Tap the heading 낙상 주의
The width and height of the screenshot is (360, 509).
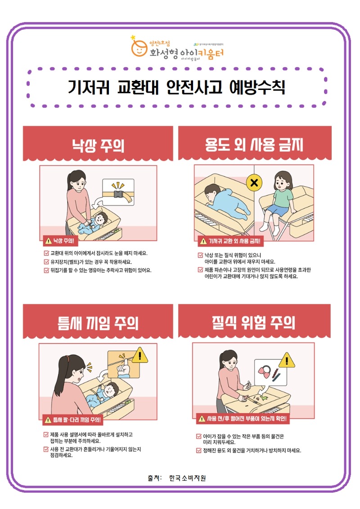98,145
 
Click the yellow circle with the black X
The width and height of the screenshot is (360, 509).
254,183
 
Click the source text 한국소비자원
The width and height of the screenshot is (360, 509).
188,478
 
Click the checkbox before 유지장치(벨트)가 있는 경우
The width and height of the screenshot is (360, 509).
46,262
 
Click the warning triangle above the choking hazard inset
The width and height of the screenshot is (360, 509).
286,360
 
